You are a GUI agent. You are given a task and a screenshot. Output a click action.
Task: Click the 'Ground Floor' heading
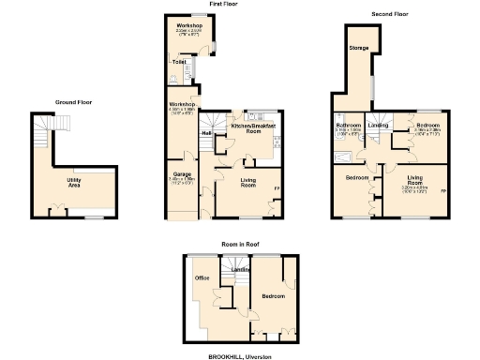pos(72,101)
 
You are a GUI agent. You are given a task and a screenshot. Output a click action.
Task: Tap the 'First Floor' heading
pos(196,5)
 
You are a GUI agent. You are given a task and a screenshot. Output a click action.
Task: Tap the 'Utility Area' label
pos(72,181)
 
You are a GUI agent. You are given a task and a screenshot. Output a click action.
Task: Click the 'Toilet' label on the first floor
pos(178,62)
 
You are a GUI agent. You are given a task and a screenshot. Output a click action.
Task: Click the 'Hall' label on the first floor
pos(205,132)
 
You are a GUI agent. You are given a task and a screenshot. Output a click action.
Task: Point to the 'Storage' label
pos(359,47)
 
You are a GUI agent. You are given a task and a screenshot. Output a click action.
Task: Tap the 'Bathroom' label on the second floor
pos(348,125)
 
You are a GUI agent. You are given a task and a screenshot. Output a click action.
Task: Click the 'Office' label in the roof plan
pos(201,278)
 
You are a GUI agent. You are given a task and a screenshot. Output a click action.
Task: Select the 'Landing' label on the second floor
pos(378,125)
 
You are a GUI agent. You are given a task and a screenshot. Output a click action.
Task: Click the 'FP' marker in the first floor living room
pos(276,191)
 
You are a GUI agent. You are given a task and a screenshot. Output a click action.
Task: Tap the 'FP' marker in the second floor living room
pos(442,191)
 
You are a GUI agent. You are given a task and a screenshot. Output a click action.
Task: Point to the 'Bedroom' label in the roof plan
pos(274,295)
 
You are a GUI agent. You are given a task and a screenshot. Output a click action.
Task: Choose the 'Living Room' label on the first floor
pos(247,183)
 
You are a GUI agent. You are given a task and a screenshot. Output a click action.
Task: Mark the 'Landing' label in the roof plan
pos(239,272)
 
